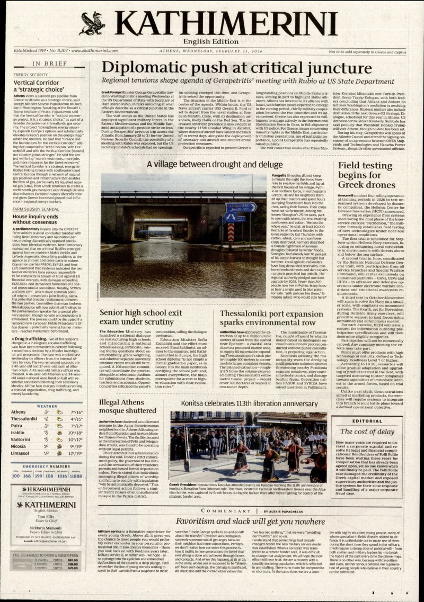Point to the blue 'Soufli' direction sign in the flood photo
coord(241,207)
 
